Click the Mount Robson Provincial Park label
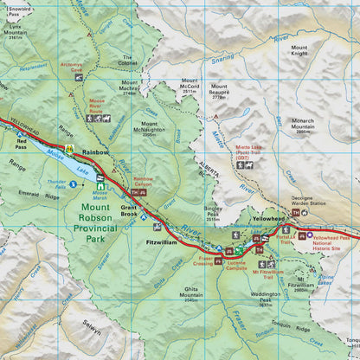pyautogui.click(x=107, y=221)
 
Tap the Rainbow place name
pyautogui.click(x=95, y=151)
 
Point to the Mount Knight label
pyautogui.click(x=299, y=50)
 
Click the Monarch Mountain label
pyautogui.click(x=303, y=123)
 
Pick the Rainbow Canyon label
pyautogui.click(x=143, y=182)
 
